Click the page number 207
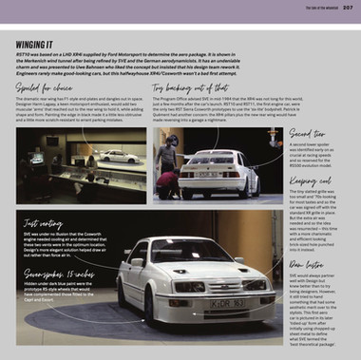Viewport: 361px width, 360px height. click(348, 7)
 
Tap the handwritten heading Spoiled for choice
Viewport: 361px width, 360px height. click(47, 85)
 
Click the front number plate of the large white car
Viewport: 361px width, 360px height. click(228, 303)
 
